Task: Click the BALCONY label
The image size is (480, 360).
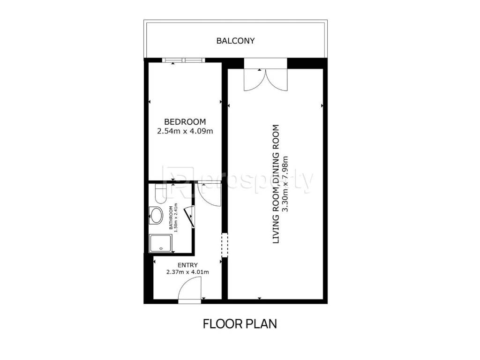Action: [235, 41]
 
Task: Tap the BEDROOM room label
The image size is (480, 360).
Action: [185, 122]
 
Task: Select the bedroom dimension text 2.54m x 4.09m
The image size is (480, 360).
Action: [185, 131]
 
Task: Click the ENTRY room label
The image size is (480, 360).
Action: [187, 265]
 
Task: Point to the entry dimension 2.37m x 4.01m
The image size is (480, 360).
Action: [187, 272]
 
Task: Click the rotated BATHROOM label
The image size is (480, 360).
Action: [171, 217]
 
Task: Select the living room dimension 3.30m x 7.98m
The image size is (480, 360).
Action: [285, 184]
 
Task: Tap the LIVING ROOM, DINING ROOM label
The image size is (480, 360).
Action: [276, 184]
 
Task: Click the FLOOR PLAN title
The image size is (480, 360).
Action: [240, 324]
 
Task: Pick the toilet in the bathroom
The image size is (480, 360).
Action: [160, 194]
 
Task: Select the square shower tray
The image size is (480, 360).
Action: [160, 243]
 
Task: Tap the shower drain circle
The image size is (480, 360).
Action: [160, 248]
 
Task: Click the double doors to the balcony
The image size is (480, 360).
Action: [266, 80]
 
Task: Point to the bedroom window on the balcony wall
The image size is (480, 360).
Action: [182, 60]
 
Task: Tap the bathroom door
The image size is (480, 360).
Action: [190, 217]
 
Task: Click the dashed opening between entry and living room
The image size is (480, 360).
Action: [225, 245]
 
